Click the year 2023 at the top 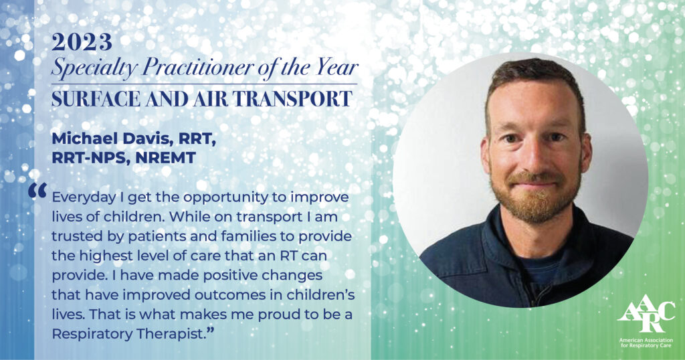click(82, 42)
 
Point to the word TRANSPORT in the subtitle click(292, 99)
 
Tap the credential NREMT click(165, 158)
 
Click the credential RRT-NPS click(88, 158)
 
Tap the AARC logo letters click(646, 314)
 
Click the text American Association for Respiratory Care click(646, 343)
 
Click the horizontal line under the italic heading click(204, 84)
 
